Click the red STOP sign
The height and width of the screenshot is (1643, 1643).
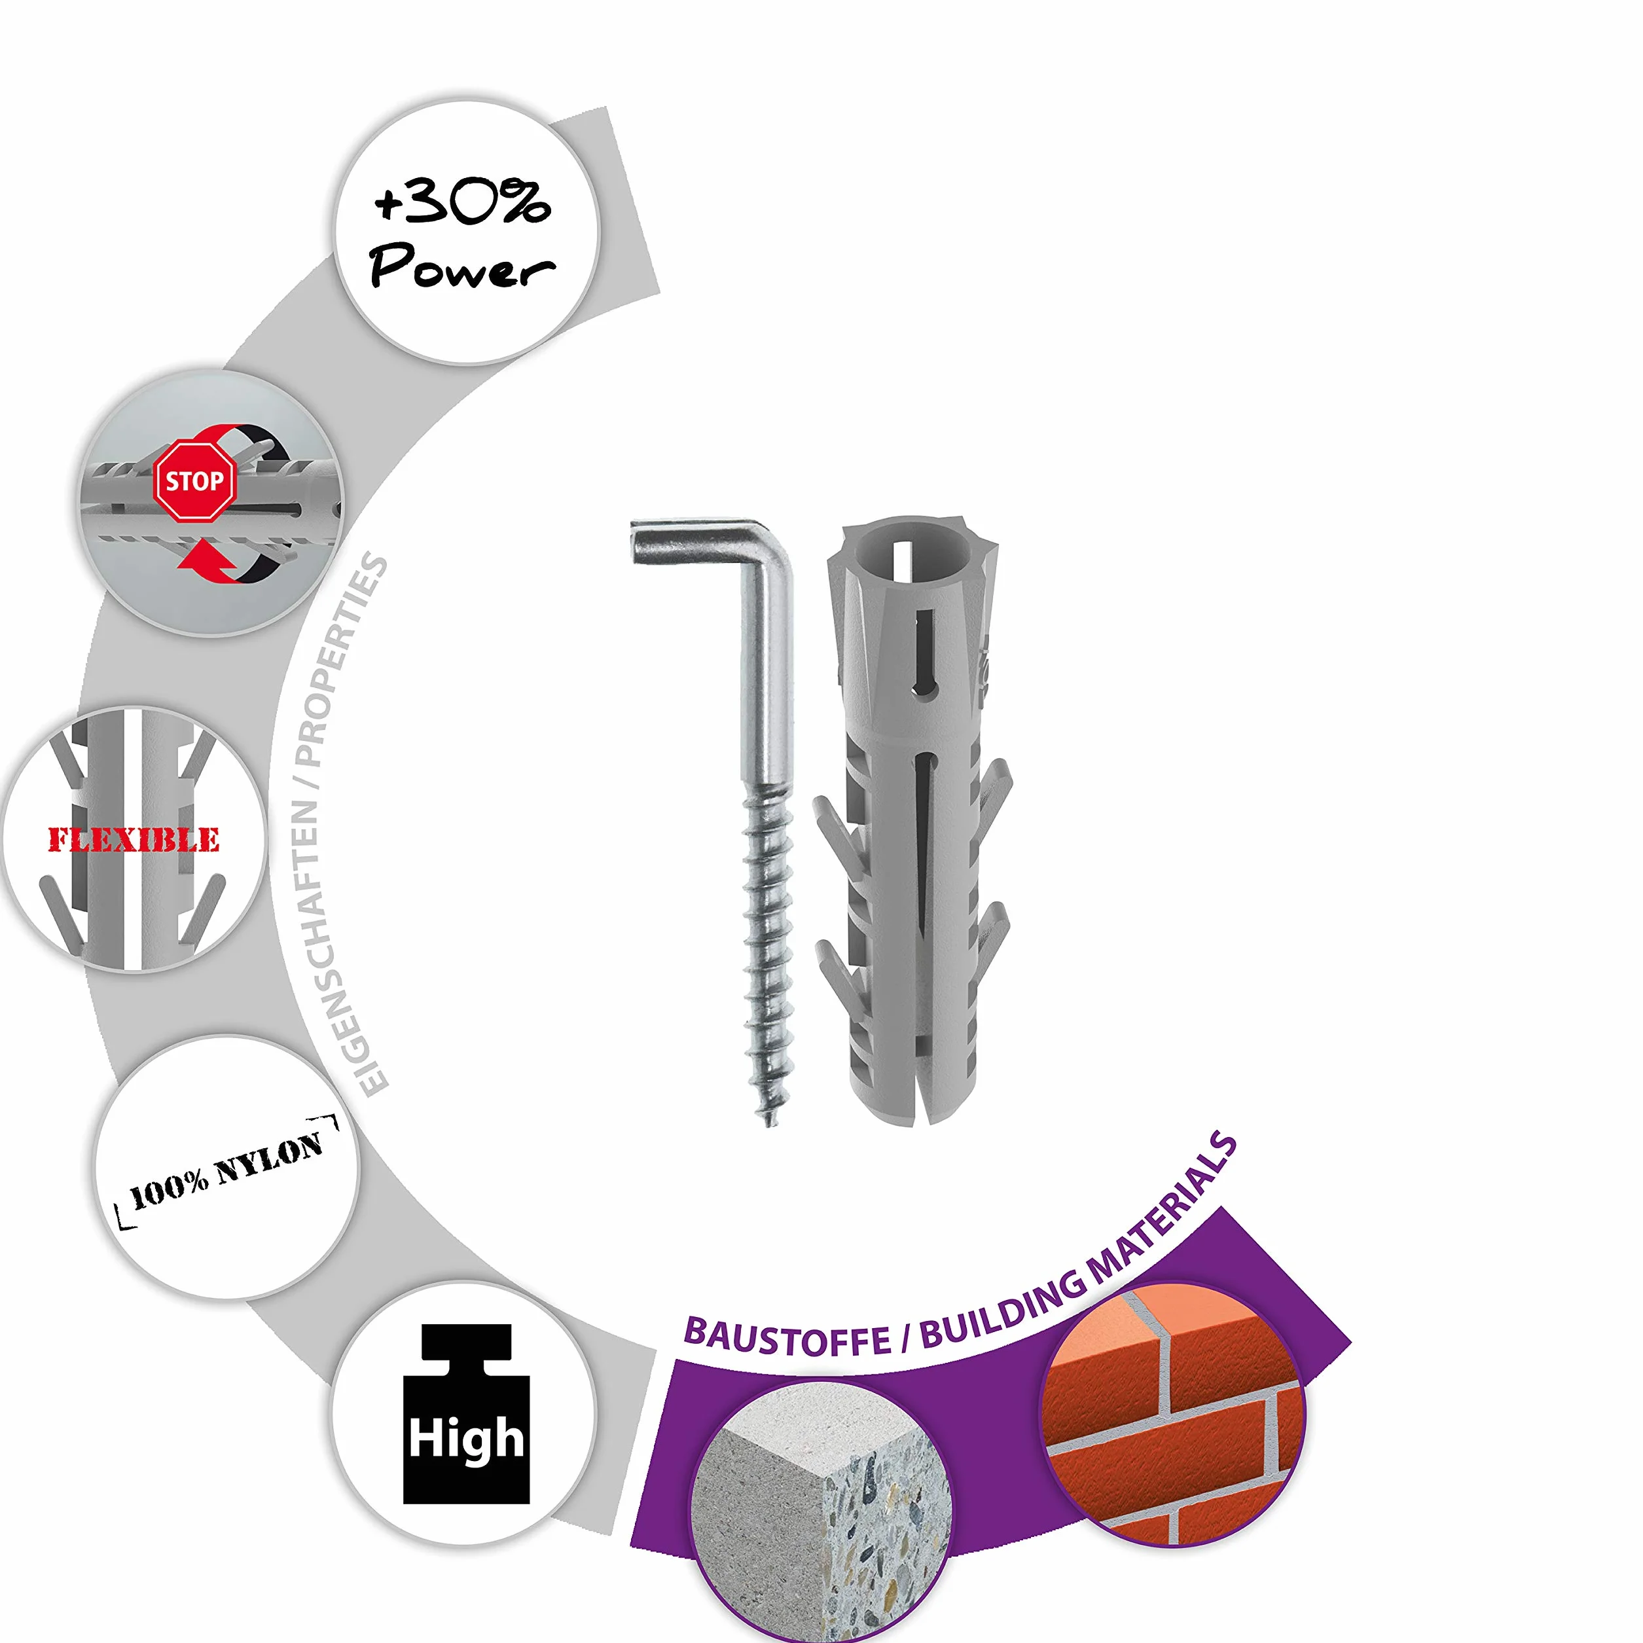pos(194,480)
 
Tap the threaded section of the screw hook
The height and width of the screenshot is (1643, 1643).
pos(768,952)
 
